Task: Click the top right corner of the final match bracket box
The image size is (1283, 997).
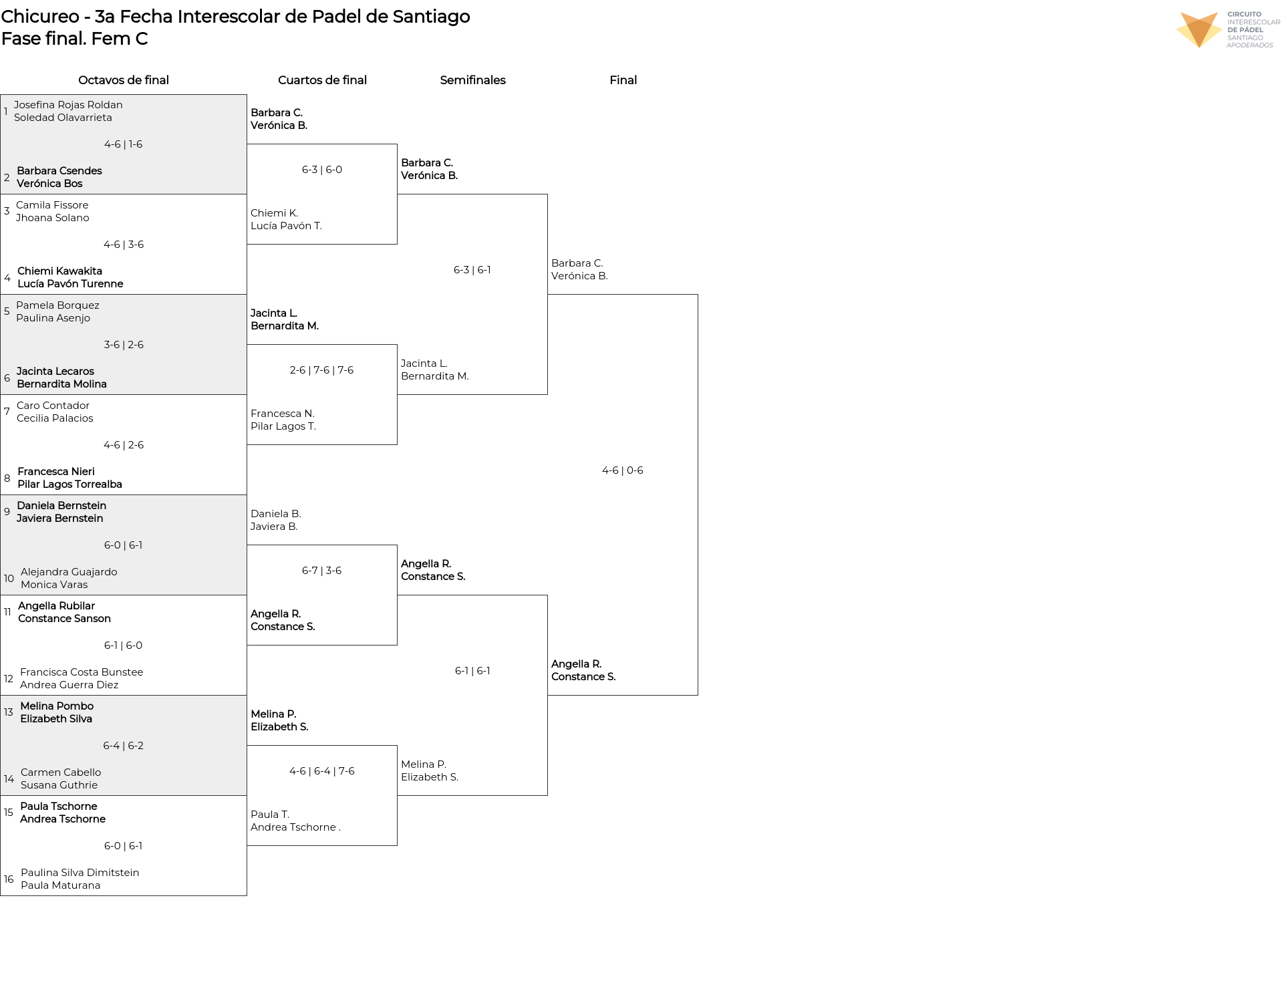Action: [x=698, y=295]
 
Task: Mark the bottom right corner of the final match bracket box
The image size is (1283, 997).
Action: [x=698, y=695]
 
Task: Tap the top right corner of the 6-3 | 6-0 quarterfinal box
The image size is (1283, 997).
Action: [x=397, y=144]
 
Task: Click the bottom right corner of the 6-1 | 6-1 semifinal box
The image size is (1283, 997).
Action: [x=547, y=795]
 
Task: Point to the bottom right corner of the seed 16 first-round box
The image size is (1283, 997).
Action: [x=247, y=895]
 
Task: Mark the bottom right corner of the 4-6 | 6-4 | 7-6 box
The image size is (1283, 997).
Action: [x=397, y=845]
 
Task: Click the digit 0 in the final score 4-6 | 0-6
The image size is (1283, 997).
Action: [x=630, y=470]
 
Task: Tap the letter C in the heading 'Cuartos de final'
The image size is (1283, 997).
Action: [x=282, y=80]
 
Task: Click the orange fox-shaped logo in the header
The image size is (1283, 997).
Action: [x=1199, y=30]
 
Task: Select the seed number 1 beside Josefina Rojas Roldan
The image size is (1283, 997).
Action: [x=6, y=111]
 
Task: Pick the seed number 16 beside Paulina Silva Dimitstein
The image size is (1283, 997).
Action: [x=9, y=879]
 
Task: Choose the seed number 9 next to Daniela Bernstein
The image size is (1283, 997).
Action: [x=7, y=512]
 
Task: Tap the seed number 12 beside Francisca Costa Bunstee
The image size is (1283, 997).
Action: [x=9, y=678]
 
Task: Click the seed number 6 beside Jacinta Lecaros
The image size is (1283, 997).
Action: [x=7, y=378]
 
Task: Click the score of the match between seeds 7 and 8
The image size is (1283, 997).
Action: [x=124, y=445]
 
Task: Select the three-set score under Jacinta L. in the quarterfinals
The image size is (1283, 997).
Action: [x=322, y=370]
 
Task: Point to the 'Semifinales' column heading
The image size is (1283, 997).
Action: [x=472, y=80]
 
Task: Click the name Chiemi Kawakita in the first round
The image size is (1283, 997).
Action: [x=59, y=271]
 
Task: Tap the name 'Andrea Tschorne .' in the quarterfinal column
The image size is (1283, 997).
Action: [x=295, y=827]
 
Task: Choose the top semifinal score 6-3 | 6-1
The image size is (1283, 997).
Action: [x=472, y=270]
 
